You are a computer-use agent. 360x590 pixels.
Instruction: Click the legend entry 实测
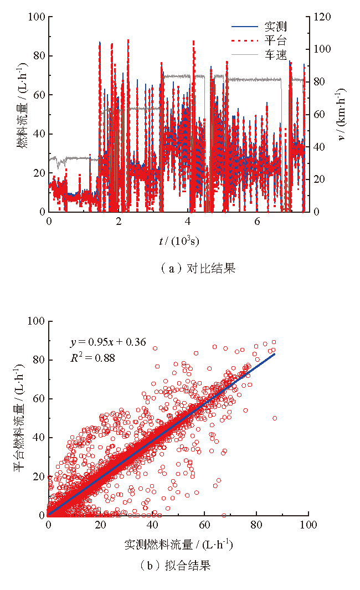coord(275,27)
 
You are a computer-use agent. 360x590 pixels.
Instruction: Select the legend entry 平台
coord(275,40)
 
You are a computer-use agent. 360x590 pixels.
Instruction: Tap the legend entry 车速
coord(275,54)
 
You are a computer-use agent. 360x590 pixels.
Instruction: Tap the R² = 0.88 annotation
coord(92,357)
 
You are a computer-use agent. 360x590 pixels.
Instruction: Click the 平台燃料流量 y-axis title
coord(20,418)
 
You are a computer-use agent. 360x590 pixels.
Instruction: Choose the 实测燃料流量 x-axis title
coord(178,545)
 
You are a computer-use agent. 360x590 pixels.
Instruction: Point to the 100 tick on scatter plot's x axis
coord(308,525)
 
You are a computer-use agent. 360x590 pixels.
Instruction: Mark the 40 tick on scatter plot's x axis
coord(152,525)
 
